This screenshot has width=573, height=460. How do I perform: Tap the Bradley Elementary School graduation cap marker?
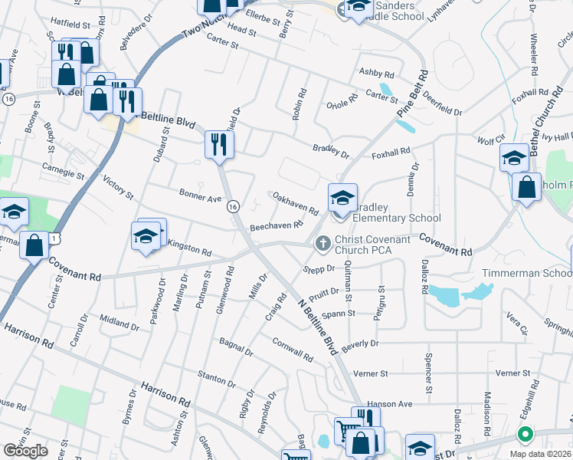342,199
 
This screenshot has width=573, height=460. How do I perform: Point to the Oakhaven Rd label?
296,204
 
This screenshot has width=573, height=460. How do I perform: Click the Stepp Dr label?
319,269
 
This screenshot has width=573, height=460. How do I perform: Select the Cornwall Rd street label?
292,350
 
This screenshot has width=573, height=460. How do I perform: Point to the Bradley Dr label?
330,149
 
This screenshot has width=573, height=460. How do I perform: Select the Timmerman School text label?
526,274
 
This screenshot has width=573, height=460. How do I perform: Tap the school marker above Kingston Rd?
145,236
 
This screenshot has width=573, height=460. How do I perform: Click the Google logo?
25,450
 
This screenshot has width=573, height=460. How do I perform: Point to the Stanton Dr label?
216,379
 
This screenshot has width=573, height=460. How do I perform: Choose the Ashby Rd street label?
377,74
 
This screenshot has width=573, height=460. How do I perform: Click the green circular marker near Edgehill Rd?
525,435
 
